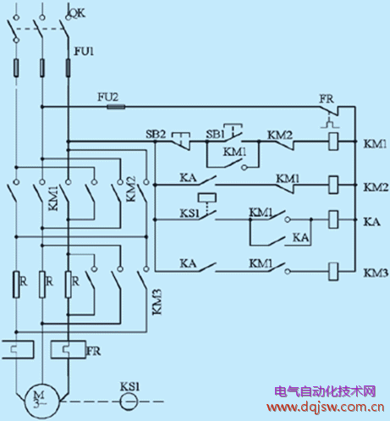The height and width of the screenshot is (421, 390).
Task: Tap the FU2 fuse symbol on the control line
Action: click(113, 107)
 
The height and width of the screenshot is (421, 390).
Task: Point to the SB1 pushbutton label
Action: click(217, 134)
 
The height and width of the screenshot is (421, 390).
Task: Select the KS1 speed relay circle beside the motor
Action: click(128, 396)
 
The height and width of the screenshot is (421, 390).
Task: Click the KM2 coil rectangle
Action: click(333, 182)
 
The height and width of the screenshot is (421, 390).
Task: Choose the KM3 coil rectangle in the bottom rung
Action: click(333, 271)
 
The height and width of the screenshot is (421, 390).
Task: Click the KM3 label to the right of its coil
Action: click(374, 272)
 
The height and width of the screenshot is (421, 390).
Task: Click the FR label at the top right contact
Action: click(327, 98)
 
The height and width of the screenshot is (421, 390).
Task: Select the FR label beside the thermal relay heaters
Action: click(95, 348)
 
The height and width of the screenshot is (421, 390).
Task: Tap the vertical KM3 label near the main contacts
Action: click(157, 302)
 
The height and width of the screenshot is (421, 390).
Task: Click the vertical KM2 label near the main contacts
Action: click(131, 188)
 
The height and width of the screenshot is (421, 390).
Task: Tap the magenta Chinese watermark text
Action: click(325, 391)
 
